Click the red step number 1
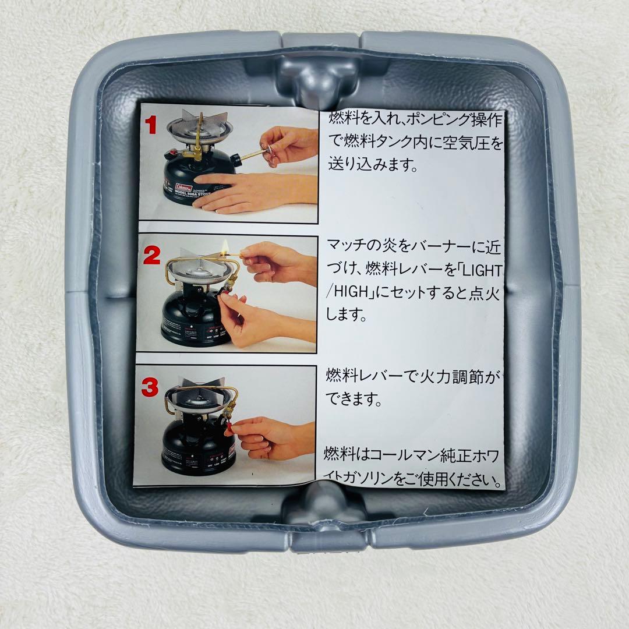151,125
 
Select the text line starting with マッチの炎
413,245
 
